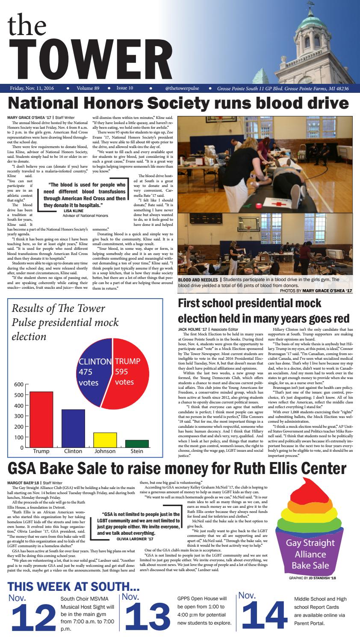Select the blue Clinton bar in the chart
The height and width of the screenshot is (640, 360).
coord(73,428)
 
